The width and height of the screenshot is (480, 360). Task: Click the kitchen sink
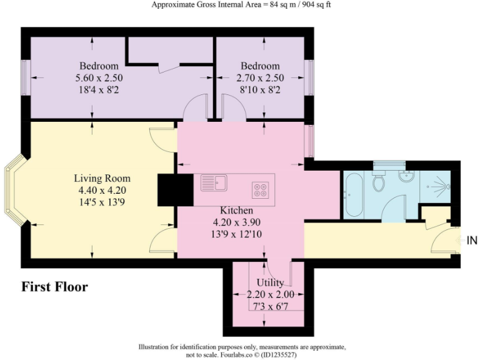[x=214, y=183]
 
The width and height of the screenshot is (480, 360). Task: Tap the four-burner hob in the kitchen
[x=261, y=189]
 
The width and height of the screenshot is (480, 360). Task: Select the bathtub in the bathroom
[x=352, y=194]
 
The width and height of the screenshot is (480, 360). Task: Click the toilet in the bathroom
[x=378, y=182]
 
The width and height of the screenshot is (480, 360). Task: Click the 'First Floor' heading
[x=55, y=287]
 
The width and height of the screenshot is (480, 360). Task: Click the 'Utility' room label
[x=269, y=283]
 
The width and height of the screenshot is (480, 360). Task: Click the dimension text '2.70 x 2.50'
[x=260, y=78]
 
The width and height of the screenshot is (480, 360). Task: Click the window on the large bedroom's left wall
[x=24, y=78]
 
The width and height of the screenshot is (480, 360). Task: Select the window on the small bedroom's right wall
[x=309, y=78]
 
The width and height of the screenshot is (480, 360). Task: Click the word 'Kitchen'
[x=236, y=211]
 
